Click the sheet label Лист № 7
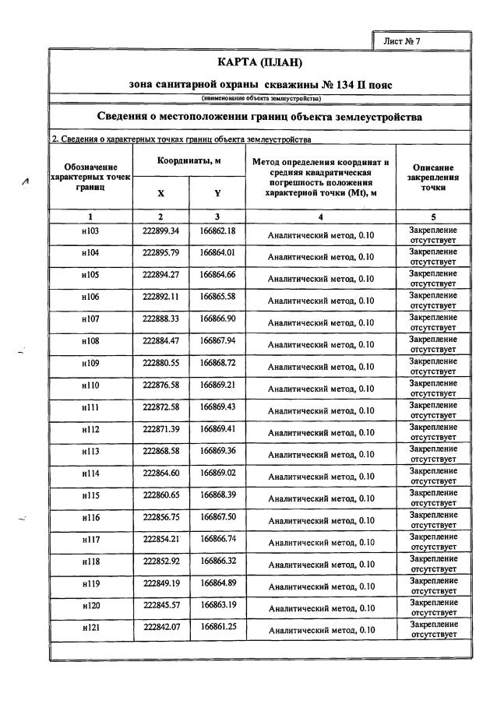click(402, 40)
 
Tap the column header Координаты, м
click(189, 160)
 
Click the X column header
click(160, 193)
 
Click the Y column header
click(217, 193)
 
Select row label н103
click(90, 231)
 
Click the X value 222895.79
click(161, 253)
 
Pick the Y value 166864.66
click(217, 275)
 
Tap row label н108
click(90, 340)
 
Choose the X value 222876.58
click(161, 385)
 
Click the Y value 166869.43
click(217, 407)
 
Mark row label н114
click(90, 473)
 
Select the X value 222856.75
click(161, 516)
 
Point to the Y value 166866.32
click(217, 561)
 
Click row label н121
click(90, 627)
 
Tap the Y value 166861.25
click(217, 627)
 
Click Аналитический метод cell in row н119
click(321, 586)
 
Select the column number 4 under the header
click(320, 216)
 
